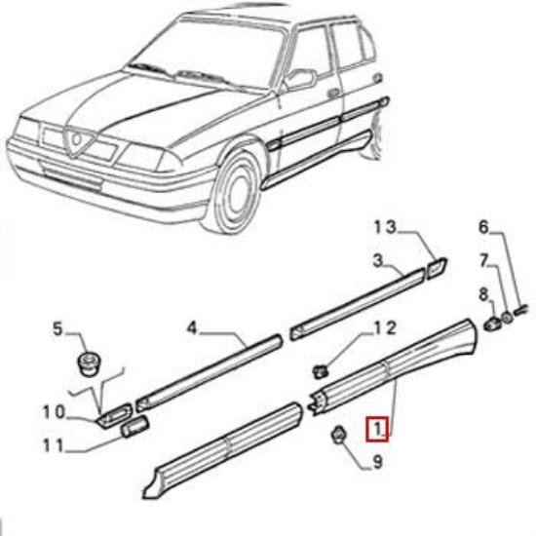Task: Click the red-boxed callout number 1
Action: coord(377,428)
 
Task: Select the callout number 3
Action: coord(377,260)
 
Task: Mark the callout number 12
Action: coord(385,327)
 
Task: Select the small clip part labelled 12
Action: coord(321,368)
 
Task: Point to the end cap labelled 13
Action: coord(437,264)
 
